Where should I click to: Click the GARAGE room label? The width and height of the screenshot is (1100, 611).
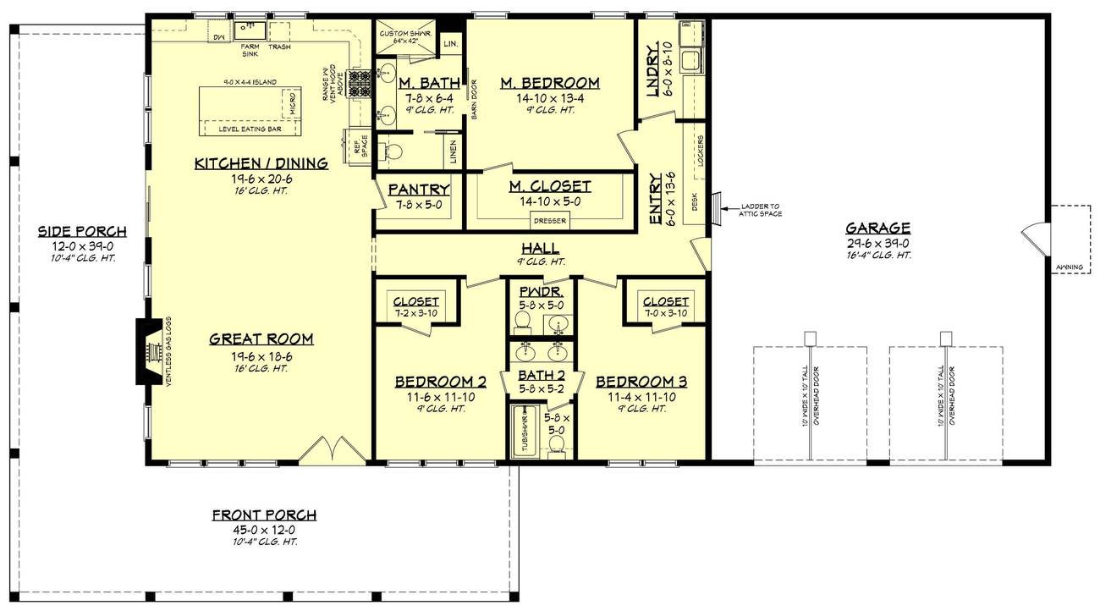coord(877,228)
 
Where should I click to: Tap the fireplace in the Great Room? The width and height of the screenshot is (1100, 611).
coord(150,351)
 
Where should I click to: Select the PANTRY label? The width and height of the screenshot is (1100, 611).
coord(419,190)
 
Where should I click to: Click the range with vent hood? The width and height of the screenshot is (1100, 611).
coord(362,85)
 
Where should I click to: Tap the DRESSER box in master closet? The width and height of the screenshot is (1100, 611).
coord(550,222)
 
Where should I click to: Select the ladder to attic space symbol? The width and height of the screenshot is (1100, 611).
coord(716,206)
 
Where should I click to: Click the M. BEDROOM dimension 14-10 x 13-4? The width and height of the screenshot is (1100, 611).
coord(549,97)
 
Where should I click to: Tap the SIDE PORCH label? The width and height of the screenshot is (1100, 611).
coord(82,231)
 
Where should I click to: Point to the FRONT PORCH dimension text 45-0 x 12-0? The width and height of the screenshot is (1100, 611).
coord(264,529)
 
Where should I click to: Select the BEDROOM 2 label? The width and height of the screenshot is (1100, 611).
coord(440,382)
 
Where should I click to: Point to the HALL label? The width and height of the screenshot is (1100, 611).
coord(540,248)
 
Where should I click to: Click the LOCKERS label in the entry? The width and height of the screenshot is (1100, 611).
coord(701,150)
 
